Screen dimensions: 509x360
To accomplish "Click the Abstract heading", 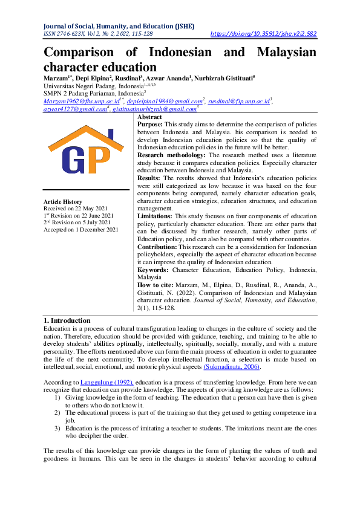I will (149, 117).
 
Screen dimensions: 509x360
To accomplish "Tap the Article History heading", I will (63, 201).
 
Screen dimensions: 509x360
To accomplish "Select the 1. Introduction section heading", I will (67, 320).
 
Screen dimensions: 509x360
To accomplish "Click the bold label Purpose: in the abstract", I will (151, 123).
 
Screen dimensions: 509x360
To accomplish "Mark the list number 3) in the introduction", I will (57, 428).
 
